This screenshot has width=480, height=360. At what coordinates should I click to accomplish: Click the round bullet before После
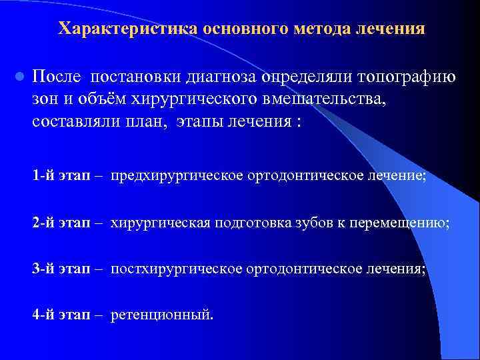click(x=19, y=77)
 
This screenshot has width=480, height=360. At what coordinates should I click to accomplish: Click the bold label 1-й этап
click(x=61, y=177)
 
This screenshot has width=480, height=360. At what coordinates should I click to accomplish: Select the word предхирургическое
click(x=177, y=177)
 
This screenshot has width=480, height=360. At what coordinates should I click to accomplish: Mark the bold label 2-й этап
click(x=61, y=223)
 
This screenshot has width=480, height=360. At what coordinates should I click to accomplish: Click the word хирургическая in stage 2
click(x=161, y=223)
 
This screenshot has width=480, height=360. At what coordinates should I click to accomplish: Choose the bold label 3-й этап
click(x=61, y=269)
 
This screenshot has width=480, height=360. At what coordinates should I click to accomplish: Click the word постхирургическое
click(x=177, y=269)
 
